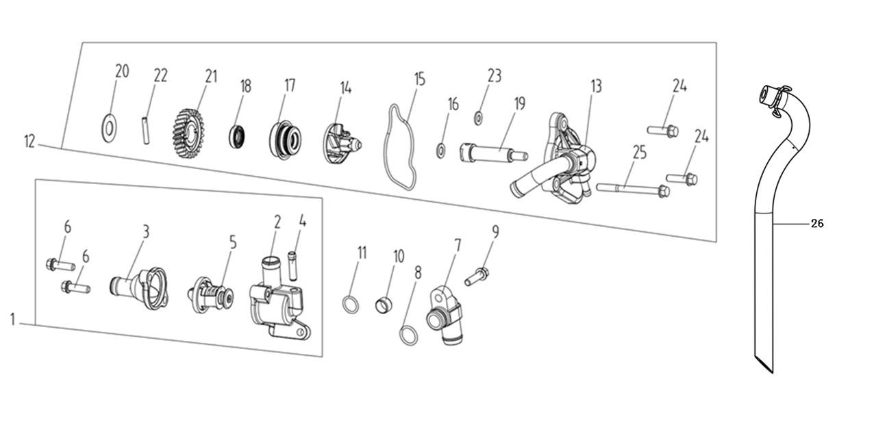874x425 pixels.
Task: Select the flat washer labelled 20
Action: coord(108,127)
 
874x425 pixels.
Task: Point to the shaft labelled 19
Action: coord(491,152)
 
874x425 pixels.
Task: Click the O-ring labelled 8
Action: coord(409,335)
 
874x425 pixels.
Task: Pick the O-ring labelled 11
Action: coord(350,304)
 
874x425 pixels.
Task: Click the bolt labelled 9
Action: coord(478,277)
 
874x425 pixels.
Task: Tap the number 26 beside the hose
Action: coord(816,223)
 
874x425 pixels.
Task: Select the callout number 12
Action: coord(29,142)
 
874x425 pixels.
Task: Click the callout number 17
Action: coord(290,85)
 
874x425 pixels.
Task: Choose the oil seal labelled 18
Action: coord(238,136)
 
